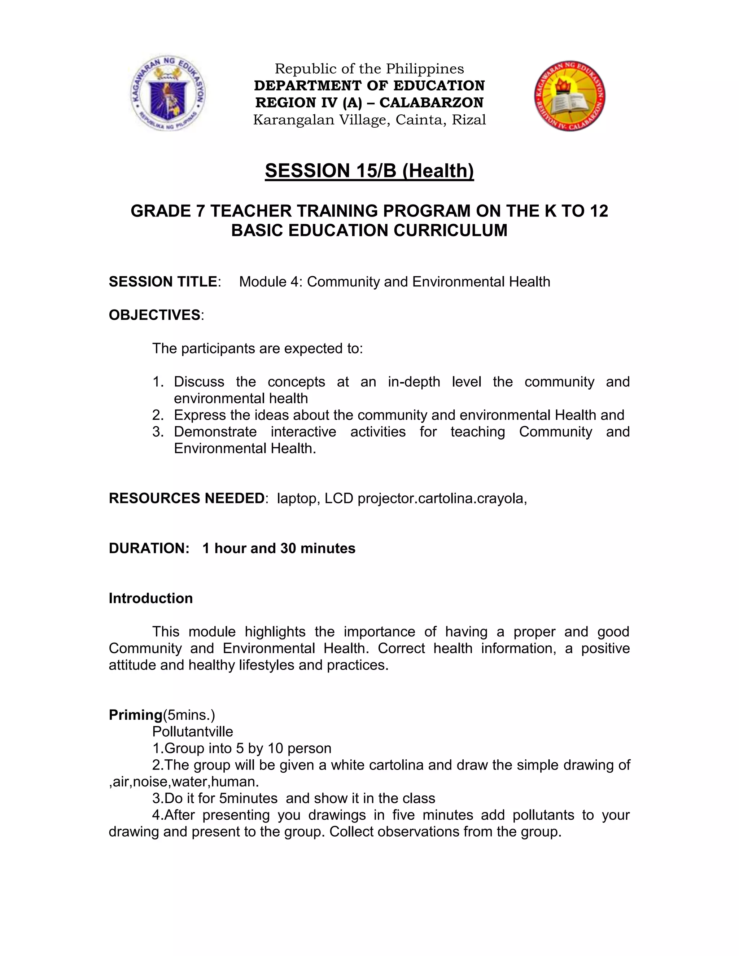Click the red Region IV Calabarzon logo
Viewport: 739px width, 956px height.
pos(570,96)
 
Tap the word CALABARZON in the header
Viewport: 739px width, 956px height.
pos(431,102)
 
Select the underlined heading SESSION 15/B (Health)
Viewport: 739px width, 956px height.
pos(369,171)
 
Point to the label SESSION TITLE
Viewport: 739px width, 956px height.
pos(162,281)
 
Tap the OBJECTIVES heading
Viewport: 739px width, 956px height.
pos(154,315)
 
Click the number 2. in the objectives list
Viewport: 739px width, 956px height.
pos(158,415)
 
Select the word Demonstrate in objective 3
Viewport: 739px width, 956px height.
pos(215,431)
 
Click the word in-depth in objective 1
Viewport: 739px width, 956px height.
pos(414,382)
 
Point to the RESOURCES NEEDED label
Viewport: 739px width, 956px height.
pos(186,498)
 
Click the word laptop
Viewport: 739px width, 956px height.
pos(296,499)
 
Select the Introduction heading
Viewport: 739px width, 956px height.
pos(150,598)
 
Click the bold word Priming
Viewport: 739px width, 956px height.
pos(135,715)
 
